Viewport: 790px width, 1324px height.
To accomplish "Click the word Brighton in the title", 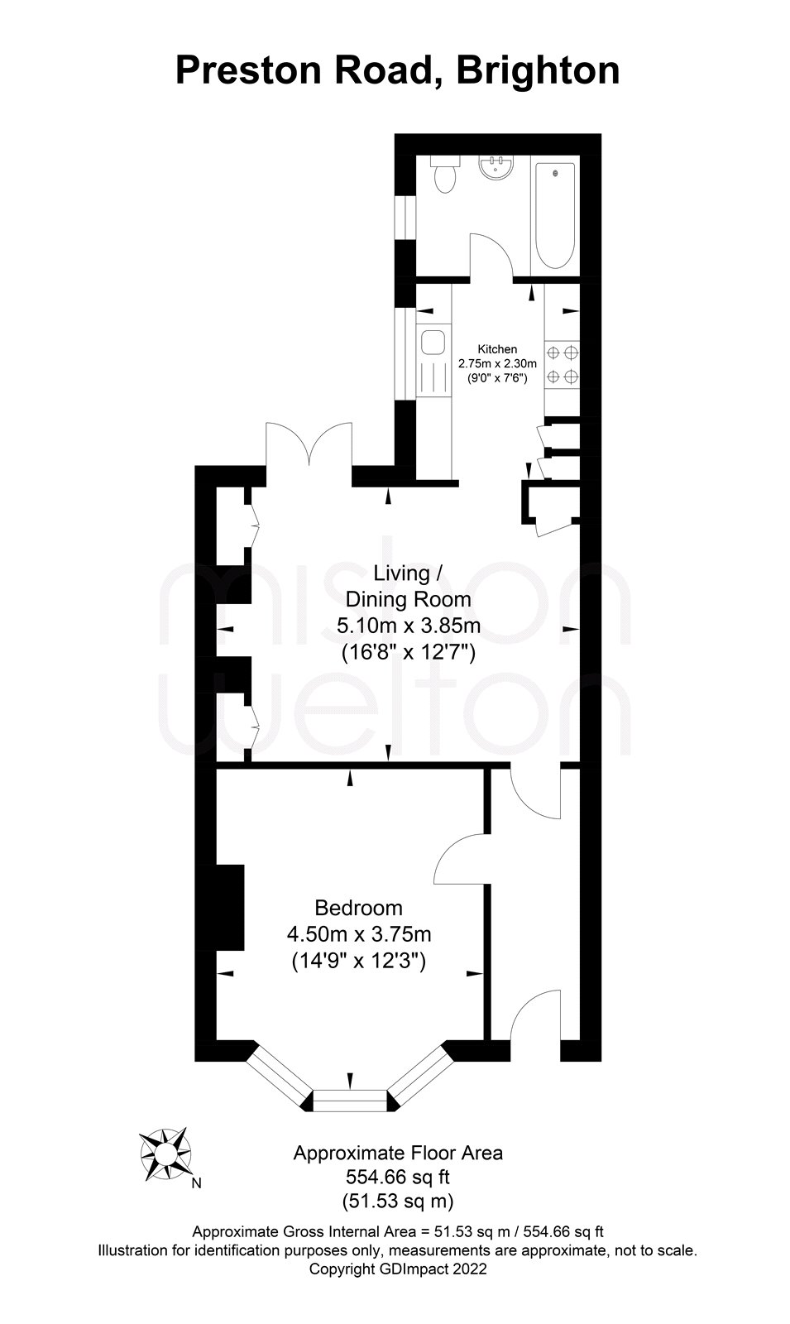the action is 538,72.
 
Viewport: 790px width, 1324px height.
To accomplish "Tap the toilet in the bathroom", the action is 444,174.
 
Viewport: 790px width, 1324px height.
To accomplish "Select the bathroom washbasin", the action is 496,166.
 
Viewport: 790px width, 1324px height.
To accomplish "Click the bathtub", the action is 555,216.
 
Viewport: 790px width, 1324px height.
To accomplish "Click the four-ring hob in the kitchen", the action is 562,365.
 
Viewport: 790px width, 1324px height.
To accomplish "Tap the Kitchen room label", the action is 497,349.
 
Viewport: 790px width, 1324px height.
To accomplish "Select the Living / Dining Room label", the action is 409,587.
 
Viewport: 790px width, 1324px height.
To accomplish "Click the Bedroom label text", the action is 359,907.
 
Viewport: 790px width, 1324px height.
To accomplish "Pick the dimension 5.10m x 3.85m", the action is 409,626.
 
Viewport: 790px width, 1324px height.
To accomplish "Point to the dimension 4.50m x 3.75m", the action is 359,934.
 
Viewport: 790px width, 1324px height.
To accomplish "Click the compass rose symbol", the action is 165,1154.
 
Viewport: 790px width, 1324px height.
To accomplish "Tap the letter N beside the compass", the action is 197,1183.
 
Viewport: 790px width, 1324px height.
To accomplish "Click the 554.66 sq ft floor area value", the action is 398,1177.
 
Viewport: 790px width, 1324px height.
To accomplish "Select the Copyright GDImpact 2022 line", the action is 398,1269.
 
